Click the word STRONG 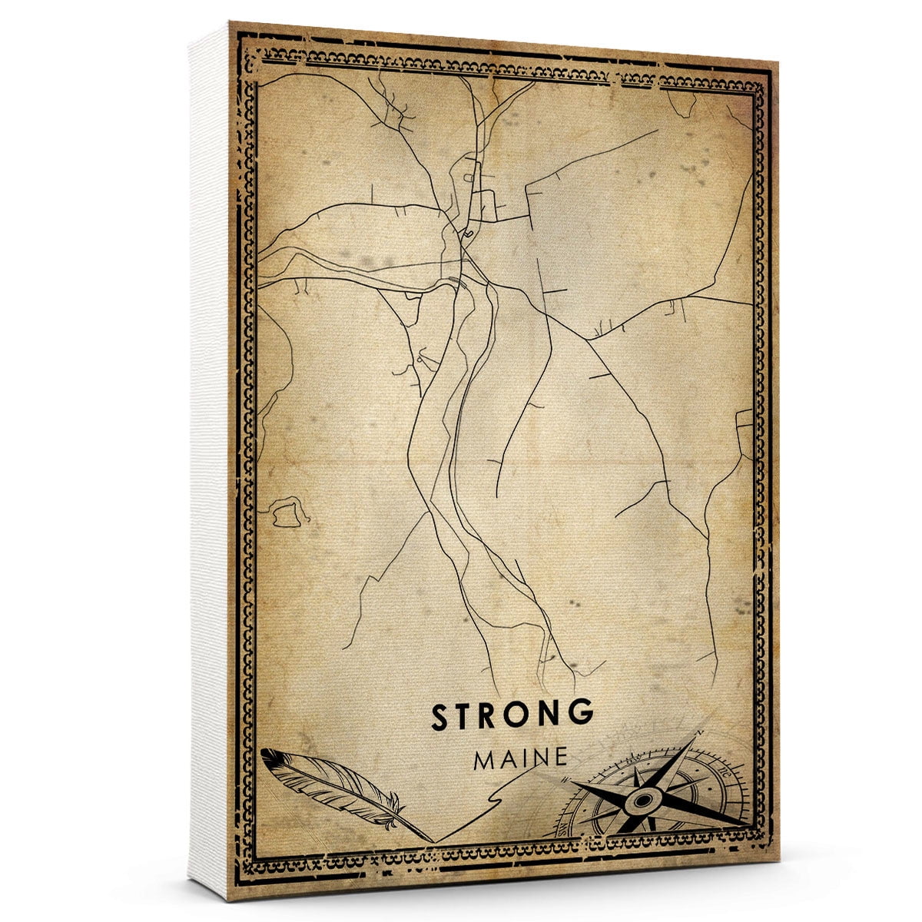tap(512, 715)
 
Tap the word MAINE tap(521, 758)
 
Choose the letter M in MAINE tap(486, 759)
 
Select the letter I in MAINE tap(526, 759)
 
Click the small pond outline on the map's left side tap(285, 512)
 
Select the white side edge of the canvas tap(209, 461)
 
